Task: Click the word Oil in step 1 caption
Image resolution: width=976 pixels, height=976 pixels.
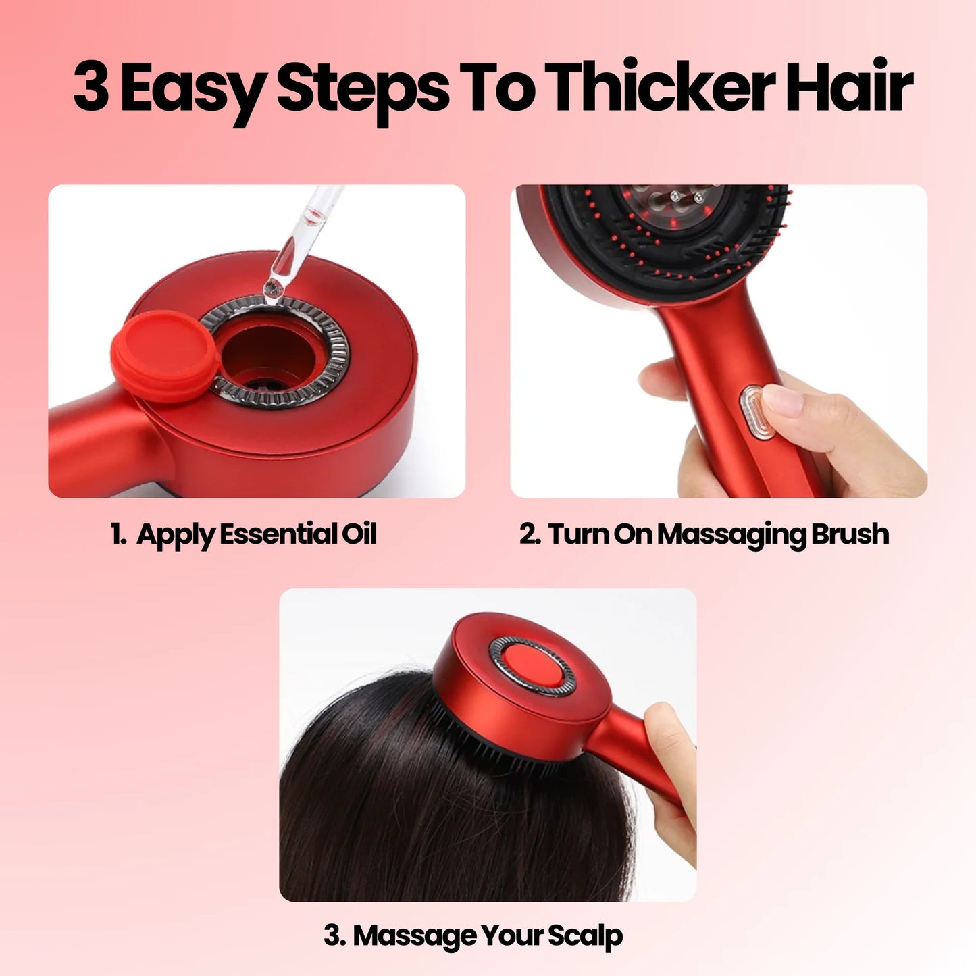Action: click(359, 534)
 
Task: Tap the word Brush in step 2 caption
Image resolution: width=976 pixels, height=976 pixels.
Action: click(850, 534)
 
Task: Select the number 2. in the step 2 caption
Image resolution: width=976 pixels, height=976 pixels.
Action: click(530, 534)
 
